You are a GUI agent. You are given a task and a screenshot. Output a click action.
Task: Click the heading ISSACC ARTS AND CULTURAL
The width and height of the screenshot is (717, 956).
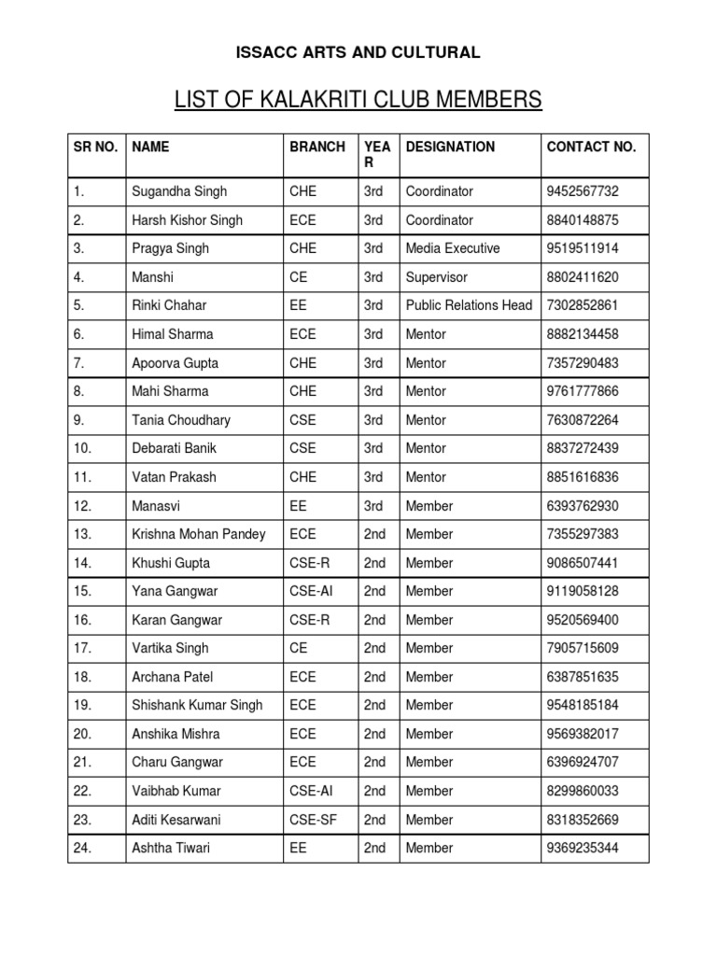coord(358,52)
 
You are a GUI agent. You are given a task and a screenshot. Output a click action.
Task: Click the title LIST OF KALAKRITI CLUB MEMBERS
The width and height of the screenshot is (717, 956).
coord(358,99)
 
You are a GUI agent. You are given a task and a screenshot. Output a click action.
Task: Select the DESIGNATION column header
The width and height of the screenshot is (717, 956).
coord(451,147)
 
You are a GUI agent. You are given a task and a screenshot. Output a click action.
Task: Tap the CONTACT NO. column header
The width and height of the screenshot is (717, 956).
coord(591,147)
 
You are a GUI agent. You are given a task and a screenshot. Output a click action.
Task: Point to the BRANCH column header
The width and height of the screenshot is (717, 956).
coord(317,147)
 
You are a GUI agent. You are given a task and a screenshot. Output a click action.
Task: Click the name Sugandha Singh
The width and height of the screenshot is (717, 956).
coord(179,191)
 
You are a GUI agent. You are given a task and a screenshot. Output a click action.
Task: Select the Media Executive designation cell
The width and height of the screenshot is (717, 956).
coord(453,248)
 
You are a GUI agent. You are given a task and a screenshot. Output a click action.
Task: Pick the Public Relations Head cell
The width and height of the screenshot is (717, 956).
coord(469,305)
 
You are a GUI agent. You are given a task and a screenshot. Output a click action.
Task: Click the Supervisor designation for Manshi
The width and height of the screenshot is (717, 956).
coord(437,277)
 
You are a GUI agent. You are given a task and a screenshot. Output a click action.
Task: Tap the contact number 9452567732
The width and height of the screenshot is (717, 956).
coord(583,191)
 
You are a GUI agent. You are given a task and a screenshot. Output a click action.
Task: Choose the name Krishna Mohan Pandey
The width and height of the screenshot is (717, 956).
coord(199,534)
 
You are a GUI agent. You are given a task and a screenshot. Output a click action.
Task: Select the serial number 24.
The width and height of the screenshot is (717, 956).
coord(83,848)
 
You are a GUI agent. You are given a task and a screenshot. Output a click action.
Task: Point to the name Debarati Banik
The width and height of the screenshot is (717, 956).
coord(175,448)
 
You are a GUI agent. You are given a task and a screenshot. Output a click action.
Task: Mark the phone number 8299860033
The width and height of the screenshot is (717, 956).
coord(583,791)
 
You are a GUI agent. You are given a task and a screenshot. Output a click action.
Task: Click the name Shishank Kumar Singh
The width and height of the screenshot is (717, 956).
coord(198,705)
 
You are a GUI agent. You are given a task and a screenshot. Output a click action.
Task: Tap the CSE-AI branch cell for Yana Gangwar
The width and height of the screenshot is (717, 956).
coord(314,591)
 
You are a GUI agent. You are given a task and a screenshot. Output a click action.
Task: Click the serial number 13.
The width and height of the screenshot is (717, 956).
coord(83,534)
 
